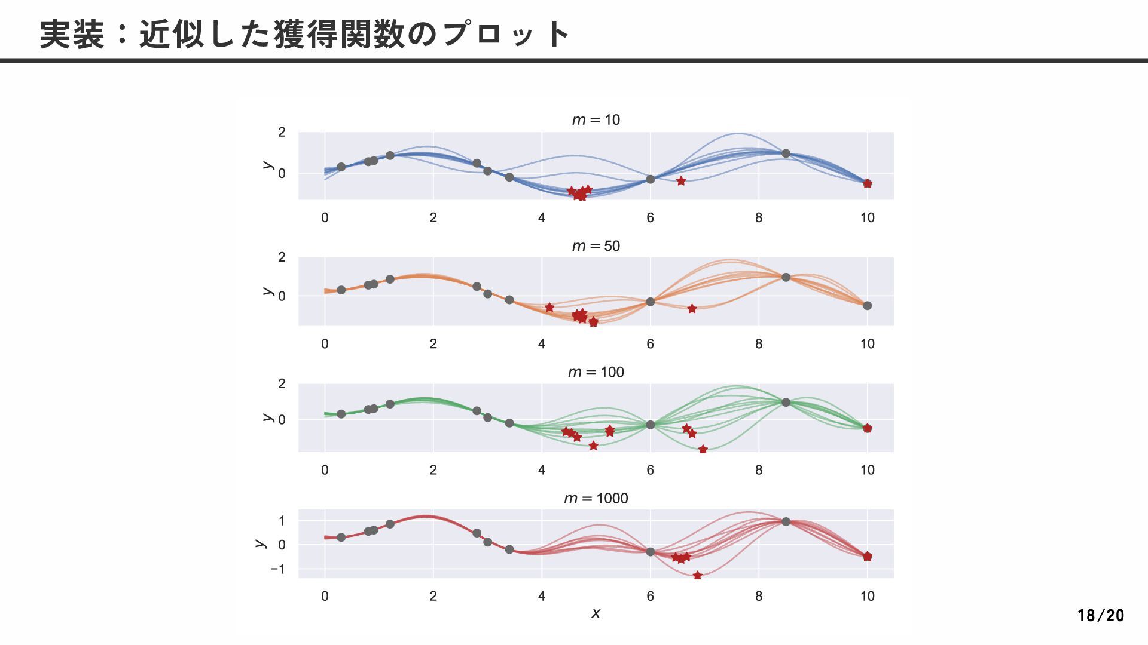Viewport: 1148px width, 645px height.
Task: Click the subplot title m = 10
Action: click(596, 120)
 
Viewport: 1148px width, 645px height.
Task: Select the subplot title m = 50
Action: click(596, 246)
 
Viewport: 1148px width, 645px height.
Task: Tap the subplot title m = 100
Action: click(596, 373)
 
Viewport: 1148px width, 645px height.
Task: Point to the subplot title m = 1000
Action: click(596, 499)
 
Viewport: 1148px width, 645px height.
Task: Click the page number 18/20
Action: click(1100, 615)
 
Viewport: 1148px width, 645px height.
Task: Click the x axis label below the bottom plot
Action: click(596, 613)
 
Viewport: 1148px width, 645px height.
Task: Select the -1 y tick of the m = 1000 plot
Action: click(277, 569)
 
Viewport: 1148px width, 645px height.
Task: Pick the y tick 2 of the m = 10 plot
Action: click(282, 132)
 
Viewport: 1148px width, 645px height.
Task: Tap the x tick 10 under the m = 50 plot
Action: click(867, 344)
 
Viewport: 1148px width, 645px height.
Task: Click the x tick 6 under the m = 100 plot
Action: click(650, 471)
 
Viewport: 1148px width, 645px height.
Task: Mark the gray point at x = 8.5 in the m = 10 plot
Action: click(786, 153)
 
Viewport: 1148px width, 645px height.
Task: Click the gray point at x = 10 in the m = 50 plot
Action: click(867, 306)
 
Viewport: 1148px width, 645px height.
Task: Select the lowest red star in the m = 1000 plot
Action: click(697, 576)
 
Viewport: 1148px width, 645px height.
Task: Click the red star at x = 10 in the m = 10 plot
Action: click(867, 183)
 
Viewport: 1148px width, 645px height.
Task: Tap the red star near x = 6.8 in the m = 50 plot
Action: click(692, 309)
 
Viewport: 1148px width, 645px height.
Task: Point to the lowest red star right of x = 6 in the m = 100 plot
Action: click(703, 449)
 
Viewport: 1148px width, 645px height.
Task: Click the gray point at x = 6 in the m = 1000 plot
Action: click(650, 552)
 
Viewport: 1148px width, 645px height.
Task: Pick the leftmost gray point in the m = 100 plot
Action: click(341, 414)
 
